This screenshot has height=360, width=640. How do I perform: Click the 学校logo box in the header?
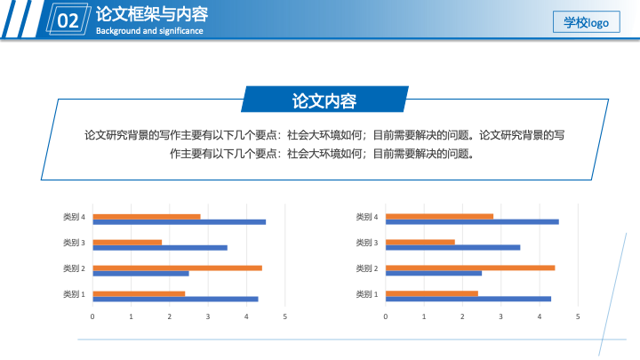[x=586, y=22]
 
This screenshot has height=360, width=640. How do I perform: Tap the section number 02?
[x=68, y=20]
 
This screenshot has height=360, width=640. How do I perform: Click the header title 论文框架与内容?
[x=152, y=14]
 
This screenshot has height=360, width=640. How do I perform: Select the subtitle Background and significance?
[x=149, y=31]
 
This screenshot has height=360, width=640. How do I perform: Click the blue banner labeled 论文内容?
[x=325, y=100]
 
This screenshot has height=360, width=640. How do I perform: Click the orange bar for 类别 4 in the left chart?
[x=147, y=217]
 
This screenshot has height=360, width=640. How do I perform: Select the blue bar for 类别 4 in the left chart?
[x=180, y=222]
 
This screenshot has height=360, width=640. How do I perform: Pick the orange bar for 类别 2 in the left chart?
[x=177, y=268]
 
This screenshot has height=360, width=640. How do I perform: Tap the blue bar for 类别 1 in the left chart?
[x=175, y=300]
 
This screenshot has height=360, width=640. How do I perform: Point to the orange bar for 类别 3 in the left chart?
[x=127, y=243]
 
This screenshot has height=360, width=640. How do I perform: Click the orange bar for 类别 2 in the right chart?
[x=470, y=268]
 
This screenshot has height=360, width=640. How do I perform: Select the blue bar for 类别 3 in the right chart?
[x=453, y=247]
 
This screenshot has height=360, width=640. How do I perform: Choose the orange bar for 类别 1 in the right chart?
[x=432, y=293]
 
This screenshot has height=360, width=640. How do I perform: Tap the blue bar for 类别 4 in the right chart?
[x=472, y=222]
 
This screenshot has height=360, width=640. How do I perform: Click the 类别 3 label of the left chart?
[x=74, y=243]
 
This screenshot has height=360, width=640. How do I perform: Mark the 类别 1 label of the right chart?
[x=367, y=294]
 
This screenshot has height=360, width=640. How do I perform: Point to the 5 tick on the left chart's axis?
[x=285, y=316]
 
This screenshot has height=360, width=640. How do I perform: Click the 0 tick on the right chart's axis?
[x=385, y=316]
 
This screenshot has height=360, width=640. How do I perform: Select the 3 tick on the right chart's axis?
[x=500, y=316]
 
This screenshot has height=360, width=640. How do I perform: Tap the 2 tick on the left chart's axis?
[x=170, y=316]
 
